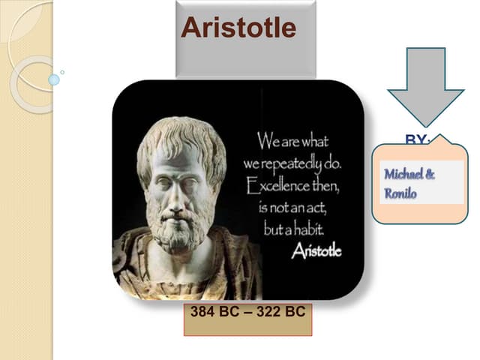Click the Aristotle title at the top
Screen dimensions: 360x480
[x=238, y=28]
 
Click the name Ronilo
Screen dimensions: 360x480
[x=400, y=193]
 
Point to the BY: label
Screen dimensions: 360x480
[x=418, y=139]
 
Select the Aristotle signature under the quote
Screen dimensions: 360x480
[x=316, y=251]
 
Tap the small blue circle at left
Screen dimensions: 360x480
[x=53, y=79]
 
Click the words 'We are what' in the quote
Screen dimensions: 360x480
[x=293, y=140]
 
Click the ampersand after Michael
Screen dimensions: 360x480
[x=430, y=175]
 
